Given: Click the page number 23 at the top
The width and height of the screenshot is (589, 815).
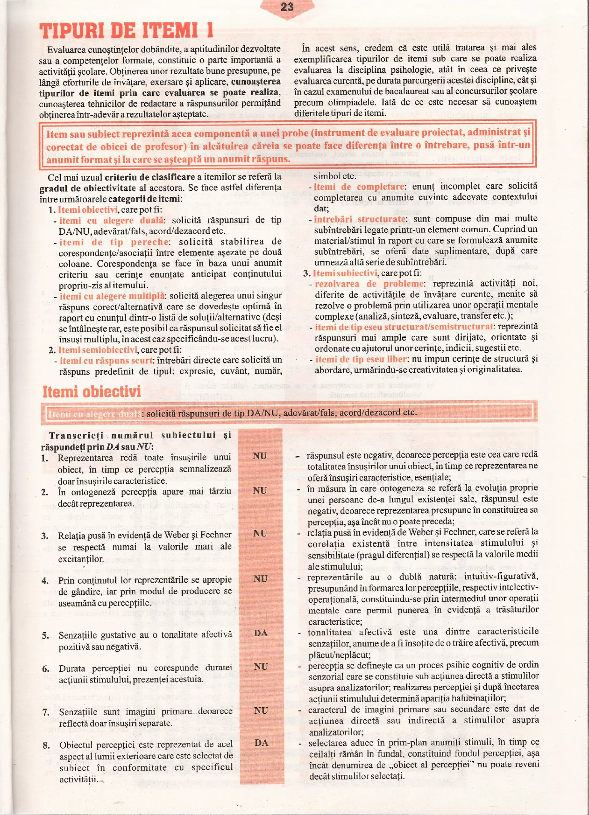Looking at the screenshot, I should click(287, 7).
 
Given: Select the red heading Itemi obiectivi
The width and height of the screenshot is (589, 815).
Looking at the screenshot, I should click(92, 391).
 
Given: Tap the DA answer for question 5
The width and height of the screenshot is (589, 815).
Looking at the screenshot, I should click(261, 633).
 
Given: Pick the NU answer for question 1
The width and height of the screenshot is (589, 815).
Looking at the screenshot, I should click(259, 456).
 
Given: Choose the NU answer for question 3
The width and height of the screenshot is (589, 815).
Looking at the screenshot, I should click(260, 533).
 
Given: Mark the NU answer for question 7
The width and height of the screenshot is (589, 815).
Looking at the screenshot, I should click(261, 710).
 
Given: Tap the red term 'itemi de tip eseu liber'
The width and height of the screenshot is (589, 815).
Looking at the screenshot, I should click(361, 359).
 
